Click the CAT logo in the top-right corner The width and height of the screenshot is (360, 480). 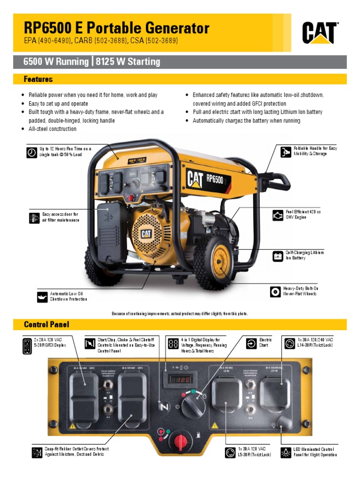coord(320,33)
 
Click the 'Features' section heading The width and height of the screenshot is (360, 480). coord(38,79)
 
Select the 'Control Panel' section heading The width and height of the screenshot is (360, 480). coord(46,324)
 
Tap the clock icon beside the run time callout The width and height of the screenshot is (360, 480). coord(32,152)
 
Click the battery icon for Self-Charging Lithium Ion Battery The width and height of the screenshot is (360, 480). coord(278,255)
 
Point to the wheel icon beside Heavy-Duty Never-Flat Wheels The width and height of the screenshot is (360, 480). coord(275,291)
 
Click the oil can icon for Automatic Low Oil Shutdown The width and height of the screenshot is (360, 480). coord(42,297)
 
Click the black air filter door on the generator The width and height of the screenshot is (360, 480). coord(110,232)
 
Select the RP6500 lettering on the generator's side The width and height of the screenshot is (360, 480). coord(215,179)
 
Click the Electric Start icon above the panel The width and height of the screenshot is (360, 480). coord(251,344)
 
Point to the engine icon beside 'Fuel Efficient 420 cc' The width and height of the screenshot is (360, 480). coord(278,215)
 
